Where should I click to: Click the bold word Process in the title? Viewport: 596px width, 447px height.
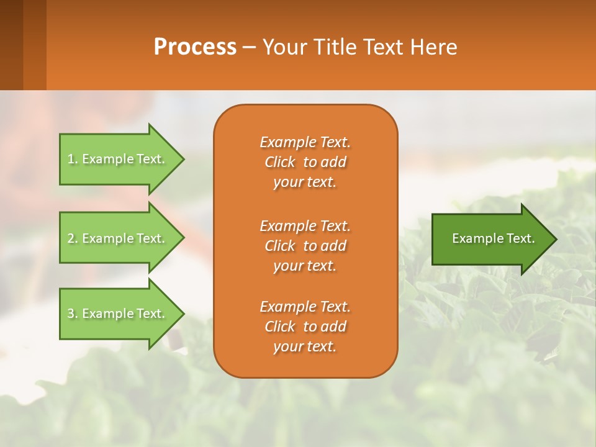click(x=195, y=47)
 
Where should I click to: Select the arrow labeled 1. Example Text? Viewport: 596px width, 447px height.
click(x=118, y=159)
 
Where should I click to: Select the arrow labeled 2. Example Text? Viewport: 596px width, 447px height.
click(x=118, y=238)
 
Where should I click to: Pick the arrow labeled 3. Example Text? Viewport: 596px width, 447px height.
click(x=118, y=314)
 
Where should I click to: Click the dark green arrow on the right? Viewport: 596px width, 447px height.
click(x=490, y=238)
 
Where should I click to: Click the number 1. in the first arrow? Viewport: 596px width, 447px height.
click(x=73, y=160)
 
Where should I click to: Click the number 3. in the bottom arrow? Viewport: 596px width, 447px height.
click(x=73, y=314)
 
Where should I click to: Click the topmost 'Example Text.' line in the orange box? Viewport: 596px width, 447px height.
click(x=305, y=142)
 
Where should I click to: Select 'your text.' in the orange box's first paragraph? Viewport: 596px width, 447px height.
click(x=305, y=182)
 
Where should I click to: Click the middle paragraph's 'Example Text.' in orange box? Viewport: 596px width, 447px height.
click(x=305, y=225)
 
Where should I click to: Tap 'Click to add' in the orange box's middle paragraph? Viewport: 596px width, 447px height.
click(x=305, y=246)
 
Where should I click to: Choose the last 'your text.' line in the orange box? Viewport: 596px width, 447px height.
click(x=305, y=346)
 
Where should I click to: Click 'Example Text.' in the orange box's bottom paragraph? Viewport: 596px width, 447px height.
click(x=305, y=307)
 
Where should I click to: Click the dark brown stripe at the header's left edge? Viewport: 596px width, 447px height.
click(x=11, y=45)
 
